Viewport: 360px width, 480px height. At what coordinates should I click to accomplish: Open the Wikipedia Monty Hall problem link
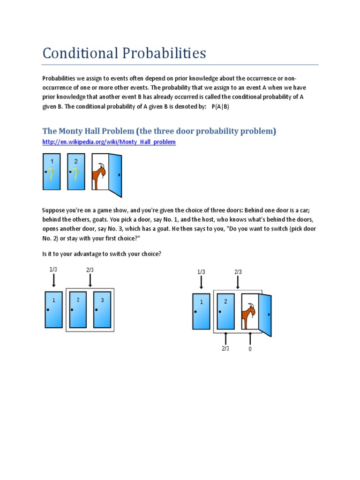(x=109, y=142)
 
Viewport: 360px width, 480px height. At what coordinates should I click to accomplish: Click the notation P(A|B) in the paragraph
(x=220, y=106)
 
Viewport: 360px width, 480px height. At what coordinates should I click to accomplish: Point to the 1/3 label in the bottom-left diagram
(x=53, y=270)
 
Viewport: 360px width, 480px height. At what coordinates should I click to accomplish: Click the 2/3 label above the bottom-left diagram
(x=90, y=270)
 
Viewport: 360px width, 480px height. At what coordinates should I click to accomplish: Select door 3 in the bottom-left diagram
(x=102, y=309)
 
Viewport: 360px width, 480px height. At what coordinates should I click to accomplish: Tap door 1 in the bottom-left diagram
(x=54, y=309)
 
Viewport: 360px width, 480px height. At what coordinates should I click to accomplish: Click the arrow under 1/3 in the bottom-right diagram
(x=201, y=282)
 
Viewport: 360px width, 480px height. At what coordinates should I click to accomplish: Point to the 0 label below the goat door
(x=250, y=349)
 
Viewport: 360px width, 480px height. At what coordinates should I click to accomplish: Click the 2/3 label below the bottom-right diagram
(x=225, y=348)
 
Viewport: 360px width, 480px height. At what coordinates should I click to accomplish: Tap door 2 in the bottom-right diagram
(x=225, y=311)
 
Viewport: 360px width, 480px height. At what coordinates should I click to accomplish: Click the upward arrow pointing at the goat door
(x=250, y=338)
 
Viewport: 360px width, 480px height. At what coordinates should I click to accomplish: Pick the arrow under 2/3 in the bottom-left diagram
(x=90, y=280)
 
